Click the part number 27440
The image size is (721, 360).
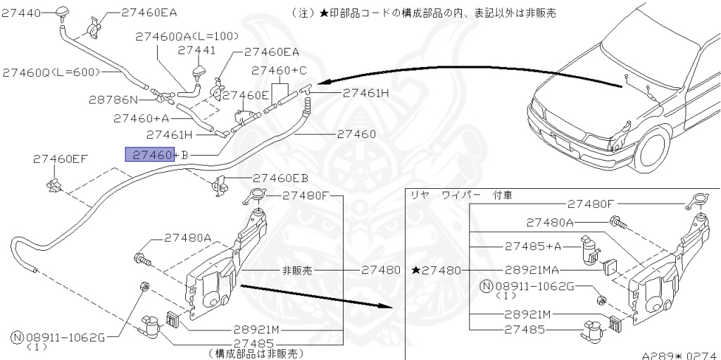click(21, 13)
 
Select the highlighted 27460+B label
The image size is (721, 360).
click(155, 154)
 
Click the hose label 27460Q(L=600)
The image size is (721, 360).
click(51, 72)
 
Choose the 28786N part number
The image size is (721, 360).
click(113, 100)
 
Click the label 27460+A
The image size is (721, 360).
click(140, 118)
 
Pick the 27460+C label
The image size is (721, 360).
click(280, 70)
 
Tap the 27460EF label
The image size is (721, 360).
click(60, 159)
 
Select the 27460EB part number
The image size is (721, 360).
click(280, 178)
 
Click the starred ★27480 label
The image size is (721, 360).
click(437, 271)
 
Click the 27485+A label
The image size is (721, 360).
click(533, 247)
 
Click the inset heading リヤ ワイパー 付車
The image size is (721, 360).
click(460, 194)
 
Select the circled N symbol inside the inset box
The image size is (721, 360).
click(485, 286)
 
